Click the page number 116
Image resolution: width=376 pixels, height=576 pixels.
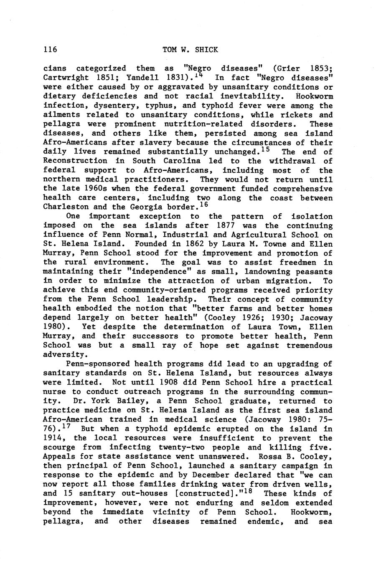point(50,50)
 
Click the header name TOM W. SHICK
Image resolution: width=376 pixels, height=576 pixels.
point(190,50)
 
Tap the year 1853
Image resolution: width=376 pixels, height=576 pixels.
point(321,68)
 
